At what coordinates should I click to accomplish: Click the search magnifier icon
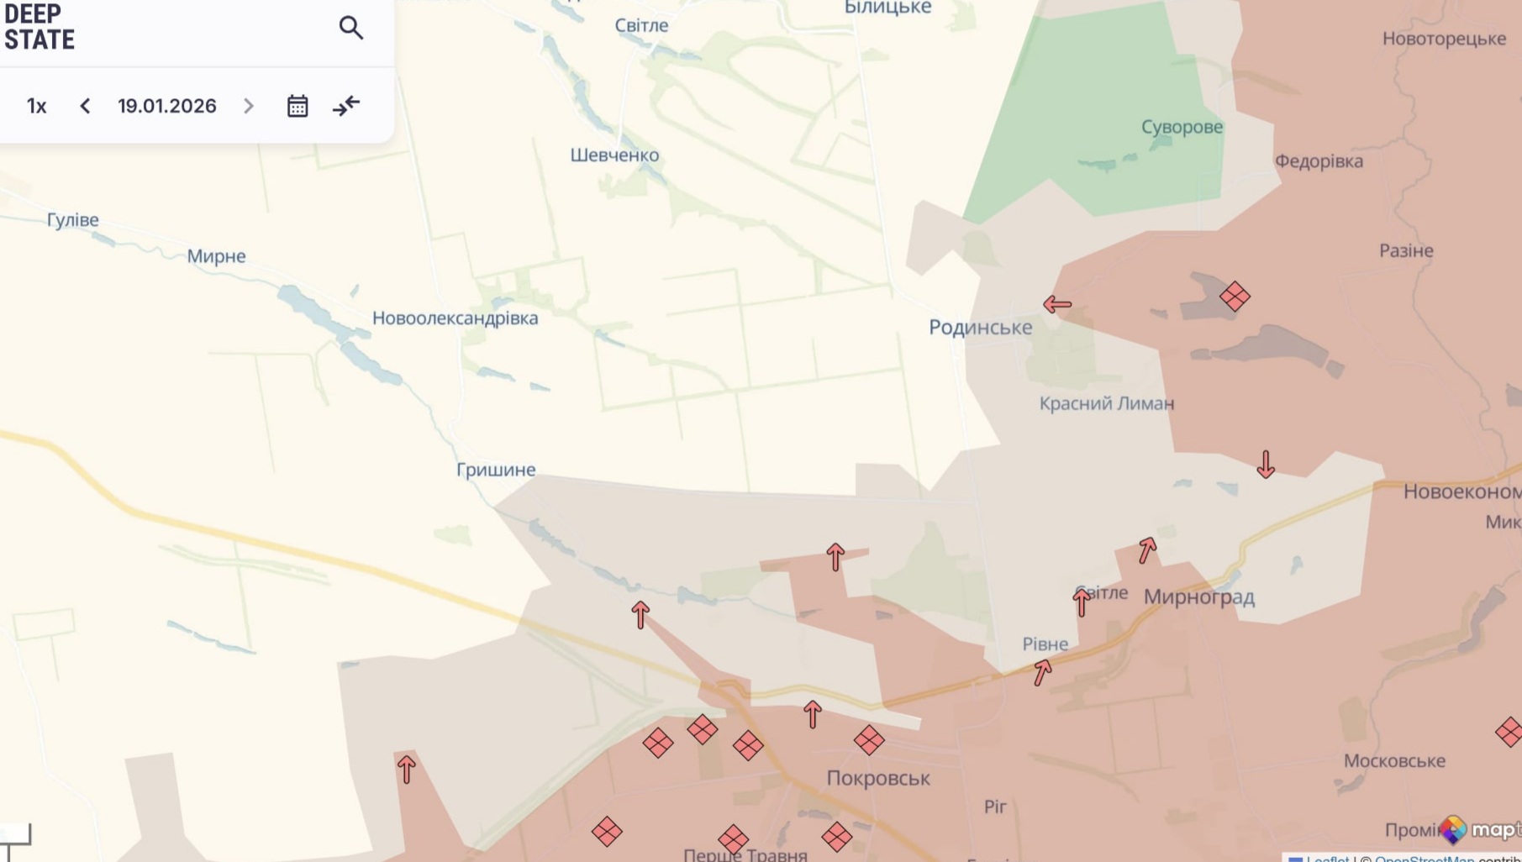coord(351,28)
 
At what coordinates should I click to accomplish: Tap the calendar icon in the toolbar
coord(298,106)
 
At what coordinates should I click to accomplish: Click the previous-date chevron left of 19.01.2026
coord(85,106)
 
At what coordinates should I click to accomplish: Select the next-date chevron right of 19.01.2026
coord(249,106)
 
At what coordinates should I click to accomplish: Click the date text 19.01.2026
coord(167,106)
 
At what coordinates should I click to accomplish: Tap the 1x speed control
coord(36,106)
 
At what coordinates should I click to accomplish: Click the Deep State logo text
coord(39,27)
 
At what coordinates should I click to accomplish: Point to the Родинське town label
coord(980,328)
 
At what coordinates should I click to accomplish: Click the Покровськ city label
coord(878,778)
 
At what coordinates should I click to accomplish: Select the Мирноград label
coord(1199,597)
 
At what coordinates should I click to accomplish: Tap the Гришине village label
coord(496,470)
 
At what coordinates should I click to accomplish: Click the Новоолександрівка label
coord(455,318)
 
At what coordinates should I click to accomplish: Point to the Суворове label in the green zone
coord(1182,127)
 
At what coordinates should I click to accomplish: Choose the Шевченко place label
coord(614,155)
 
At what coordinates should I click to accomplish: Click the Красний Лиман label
coord(1107,403)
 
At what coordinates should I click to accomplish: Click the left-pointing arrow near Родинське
coord(1057,304)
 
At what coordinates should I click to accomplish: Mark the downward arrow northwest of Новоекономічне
coord(1266,464)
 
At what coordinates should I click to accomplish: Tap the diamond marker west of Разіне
coord(1235,297)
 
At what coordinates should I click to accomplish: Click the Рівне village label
coord(1045,644)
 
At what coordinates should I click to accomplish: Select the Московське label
coord(1394,761)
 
